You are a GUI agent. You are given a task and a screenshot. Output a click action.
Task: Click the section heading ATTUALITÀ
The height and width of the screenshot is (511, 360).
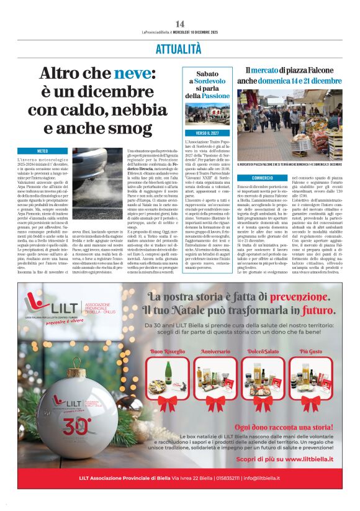[179, 49]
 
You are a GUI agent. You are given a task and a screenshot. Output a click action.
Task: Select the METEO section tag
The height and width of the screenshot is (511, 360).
[43, 151]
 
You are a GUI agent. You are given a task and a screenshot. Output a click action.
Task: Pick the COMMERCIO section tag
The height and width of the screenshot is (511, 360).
[263, 178]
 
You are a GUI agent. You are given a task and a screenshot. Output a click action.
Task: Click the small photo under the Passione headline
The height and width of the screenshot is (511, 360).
[208, 115]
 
